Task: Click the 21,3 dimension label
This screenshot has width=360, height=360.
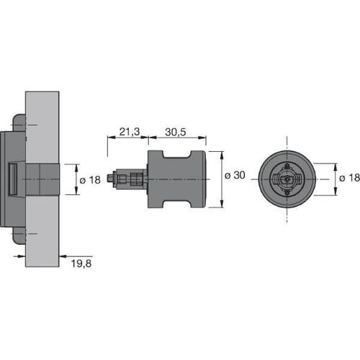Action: click(130, 132)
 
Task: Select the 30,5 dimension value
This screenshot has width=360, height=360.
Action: click(176, 132)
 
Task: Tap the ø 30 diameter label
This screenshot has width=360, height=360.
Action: click(235, 176)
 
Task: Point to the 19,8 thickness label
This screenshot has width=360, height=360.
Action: click(81, 264)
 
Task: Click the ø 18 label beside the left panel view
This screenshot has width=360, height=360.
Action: click(90, 180)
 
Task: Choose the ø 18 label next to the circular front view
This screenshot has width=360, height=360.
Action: click(349, 178)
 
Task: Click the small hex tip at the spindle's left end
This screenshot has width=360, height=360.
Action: click(109, 179)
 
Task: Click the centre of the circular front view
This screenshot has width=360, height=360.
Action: click(287, 179)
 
